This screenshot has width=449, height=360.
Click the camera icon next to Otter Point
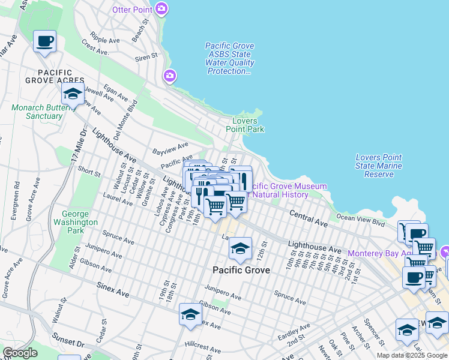(x=161, y=9)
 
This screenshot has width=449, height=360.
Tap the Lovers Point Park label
(x=244, y=125)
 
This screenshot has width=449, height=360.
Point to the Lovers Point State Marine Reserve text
(x=378, y=166)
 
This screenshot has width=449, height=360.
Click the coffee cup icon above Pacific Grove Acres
(x=45, y=41)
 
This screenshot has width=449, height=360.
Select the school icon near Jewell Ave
(x=73, y=94)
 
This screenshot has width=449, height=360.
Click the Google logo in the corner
(x=20, y=352)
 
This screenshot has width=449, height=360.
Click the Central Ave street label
(x=309, y=218)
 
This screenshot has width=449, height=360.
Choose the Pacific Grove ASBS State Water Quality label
(x=229, y=59)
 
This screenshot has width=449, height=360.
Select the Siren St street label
(x=145, y=56)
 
